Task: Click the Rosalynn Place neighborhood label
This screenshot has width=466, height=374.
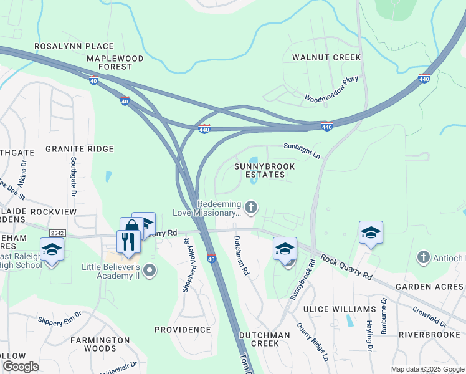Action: pyautogui.click(x=74, y=46)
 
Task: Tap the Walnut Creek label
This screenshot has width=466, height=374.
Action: pyautogui.click(x=326, y=57)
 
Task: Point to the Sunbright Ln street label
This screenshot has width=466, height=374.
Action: pyautogui.click(x=302, y=150)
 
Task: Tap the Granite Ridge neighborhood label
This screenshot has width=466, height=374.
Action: pyautogui.click(x=80, y=149)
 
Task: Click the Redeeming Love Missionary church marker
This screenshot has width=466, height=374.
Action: pyautogui.click(x=251, y=207)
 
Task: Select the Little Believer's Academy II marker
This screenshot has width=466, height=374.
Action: pyautogui.click(x=150, y=270)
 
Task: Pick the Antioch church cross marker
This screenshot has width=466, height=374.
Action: pyautogui.click(x=423, y=257)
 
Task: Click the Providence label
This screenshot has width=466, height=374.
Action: pyautogui.click(x=183, y=329)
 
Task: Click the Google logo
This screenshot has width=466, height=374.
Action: pyautogui.click(x=21, y=367)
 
